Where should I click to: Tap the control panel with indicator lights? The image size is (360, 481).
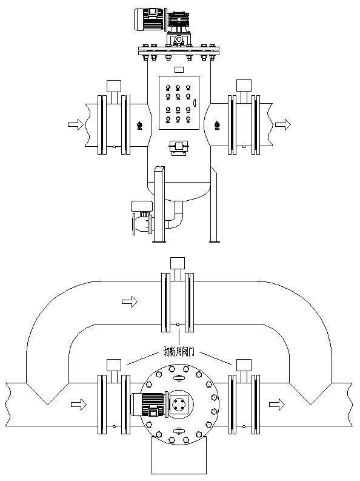(x=178, y=102)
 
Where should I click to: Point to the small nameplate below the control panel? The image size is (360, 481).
(x=178, y=147)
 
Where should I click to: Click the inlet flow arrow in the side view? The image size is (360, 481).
(x=76, y=124)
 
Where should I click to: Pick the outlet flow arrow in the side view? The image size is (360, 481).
(x=282, y=124)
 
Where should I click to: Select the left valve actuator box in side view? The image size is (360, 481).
(x=113, y=86)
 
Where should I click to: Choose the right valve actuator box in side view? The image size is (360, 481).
(x=244, y=86)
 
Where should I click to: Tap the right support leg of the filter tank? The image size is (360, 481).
(x=214, y=206)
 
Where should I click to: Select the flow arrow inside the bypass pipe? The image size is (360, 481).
(x=130, y=301)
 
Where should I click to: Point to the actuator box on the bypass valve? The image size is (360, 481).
(x=177, y=264)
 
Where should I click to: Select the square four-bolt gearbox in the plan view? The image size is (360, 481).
(x=180, y=404)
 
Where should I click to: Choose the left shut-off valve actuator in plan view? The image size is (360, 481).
(x=113, y=366)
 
